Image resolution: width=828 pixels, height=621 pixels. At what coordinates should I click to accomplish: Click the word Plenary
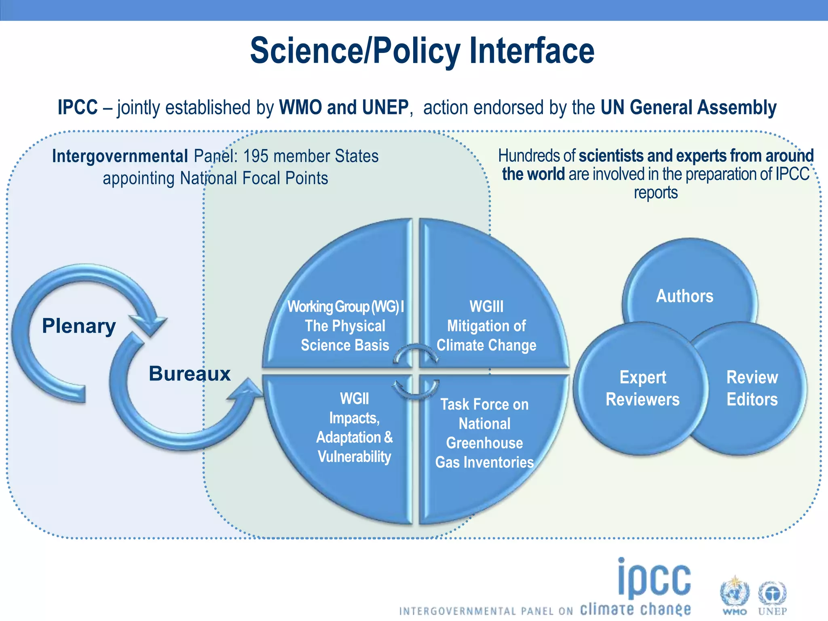point(79,326)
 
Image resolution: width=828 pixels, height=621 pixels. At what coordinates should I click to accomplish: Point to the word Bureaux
point(190,374)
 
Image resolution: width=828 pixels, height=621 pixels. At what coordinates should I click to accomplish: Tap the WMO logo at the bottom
point(734,597)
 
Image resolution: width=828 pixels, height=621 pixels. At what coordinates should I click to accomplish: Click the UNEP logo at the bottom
point(772,597)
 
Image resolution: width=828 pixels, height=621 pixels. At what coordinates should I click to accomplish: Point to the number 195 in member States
point(256,156)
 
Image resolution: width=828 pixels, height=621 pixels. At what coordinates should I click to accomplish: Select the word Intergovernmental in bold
point(120,156)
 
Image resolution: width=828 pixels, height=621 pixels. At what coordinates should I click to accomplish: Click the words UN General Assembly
point(688,108)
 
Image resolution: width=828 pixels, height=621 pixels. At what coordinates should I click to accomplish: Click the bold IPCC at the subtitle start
point(78,108)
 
